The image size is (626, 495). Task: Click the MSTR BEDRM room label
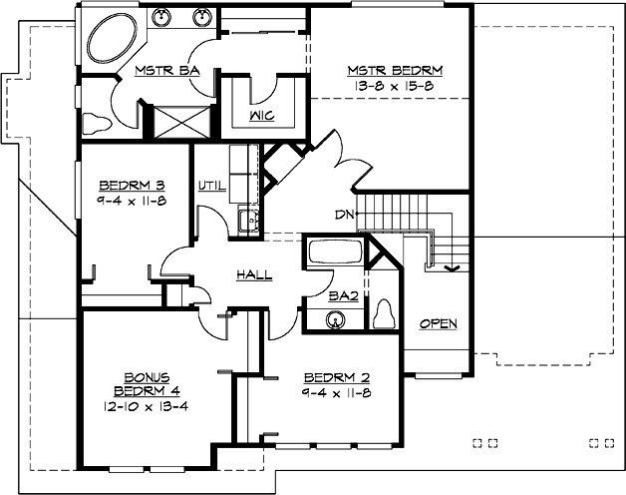click(394, 71)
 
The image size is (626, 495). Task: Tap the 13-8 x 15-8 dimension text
click(394, 85)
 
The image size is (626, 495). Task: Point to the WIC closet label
click(261, 116)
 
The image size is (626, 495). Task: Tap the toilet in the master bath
click(97, 123)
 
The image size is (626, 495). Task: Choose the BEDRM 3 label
click(131, 185)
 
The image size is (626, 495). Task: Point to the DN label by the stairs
click(344, 214)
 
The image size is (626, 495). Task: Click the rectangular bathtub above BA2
click(335, 251)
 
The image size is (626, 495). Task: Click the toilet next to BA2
click(386, 311)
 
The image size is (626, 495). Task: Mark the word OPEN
click(438, 324)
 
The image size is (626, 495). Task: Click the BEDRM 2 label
click(337, 377)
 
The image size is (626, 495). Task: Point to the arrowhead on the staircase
click(451, 265)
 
